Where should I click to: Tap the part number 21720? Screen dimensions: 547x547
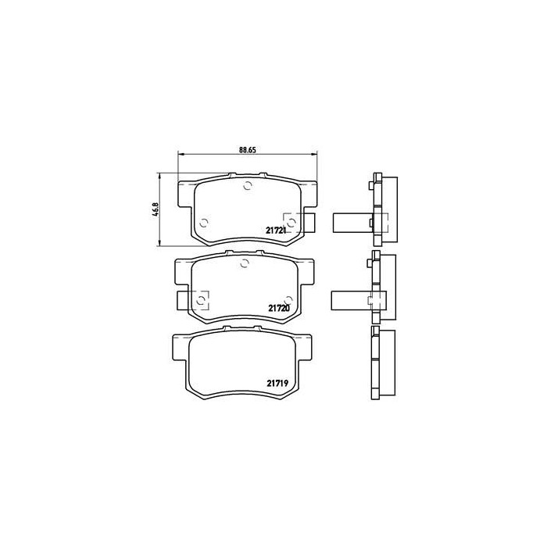click(x=279, y=309)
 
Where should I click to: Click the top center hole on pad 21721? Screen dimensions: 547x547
click(x=248, y=186)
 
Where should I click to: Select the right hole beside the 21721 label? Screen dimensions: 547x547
click(x=291, y=223)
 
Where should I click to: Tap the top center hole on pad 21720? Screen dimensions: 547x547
click(x=244, y=263)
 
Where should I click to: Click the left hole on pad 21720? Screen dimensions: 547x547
click(x=202, y=299)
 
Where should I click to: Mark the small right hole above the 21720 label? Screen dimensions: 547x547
click(x=289, y=299)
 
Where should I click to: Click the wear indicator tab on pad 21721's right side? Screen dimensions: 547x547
click(x=308, y=223)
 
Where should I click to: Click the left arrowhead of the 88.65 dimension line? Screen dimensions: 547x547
click(x=181, y=154)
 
